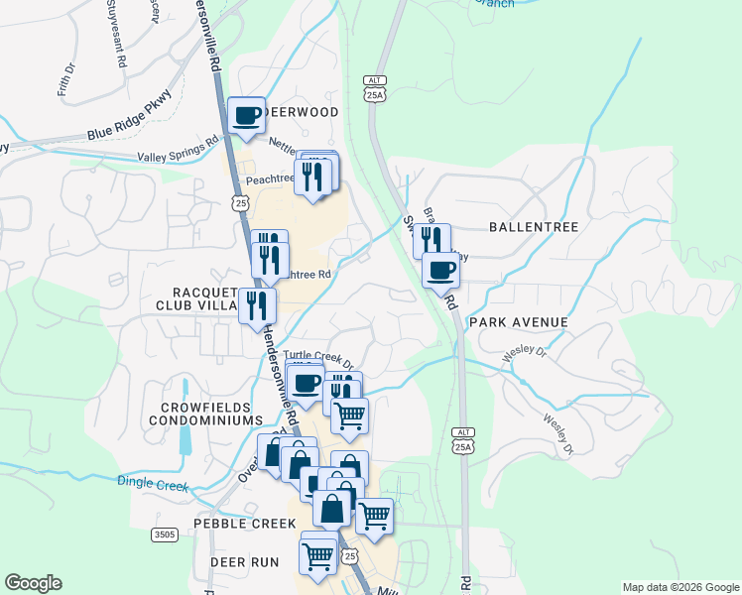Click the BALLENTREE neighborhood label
(x=534, y=227)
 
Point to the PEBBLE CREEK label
(x=245, y=523)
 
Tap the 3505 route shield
(x=165, y=535)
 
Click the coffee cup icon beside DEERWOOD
(x=247, y=115)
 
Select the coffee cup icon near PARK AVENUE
(x=440, y=269)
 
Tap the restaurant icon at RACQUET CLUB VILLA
(x=257, y=303)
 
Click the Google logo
(x=33, y=583)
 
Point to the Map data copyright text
(x=680, y=587)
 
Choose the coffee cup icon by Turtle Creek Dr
(x=306, y=383)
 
